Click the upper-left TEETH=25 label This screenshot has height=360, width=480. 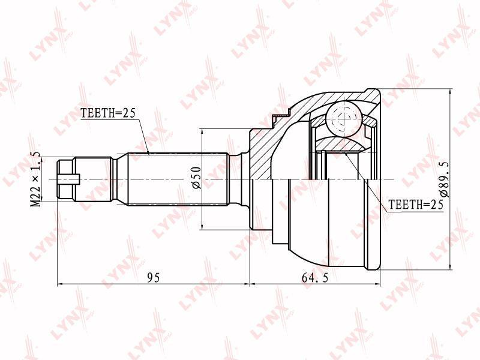[108, 113]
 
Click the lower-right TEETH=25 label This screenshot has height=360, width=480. [416, 204]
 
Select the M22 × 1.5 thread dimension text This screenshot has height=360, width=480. [36, 179]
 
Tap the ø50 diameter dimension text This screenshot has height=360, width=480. [196, 178]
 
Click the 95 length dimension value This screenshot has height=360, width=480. [154, 278]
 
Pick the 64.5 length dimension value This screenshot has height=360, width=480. [315, 278]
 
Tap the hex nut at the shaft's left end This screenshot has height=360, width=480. [65, 179]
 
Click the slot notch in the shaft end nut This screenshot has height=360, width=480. [69, 179]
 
